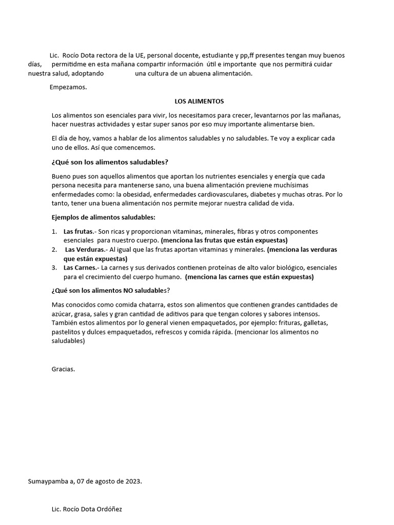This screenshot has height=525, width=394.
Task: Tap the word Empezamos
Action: tap(68, 87)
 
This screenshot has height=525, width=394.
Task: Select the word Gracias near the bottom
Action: tap(63, 369)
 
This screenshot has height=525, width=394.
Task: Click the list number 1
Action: tap(54, 232)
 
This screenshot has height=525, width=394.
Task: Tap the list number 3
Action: tap(54, 268)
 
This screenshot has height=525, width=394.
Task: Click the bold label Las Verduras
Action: tap(84, 250)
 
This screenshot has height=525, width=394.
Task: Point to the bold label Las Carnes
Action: tap(81, 268)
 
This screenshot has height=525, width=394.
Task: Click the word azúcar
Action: tap(62, 313)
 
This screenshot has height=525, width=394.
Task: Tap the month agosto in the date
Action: tap(99, 481)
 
